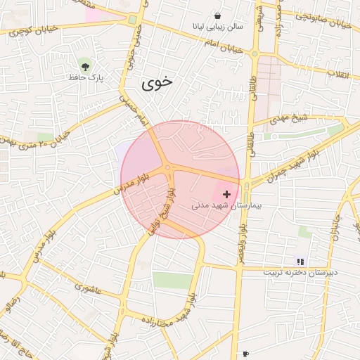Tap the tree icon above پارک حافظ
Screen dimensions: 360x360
tap(86, 66)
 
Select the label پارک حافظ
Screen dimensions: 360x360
tap(86, 77)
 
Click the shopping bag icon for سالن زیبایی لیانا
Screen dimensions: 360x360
tap(217, 15)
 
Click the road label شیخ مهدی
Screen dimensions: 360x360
tap(290, 120)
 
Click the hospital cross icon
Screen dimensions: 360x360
tap(226, 193)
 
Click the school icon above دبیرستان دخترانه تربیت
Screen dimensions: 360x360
tap(301, 262)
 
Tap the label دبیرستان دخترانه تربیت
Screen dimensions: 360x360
tap(301, 272)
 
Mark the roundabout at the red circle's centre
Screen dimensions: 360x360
tap(168, 167)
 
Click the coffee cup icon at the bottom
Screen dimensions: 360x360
tap(245, 354)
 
